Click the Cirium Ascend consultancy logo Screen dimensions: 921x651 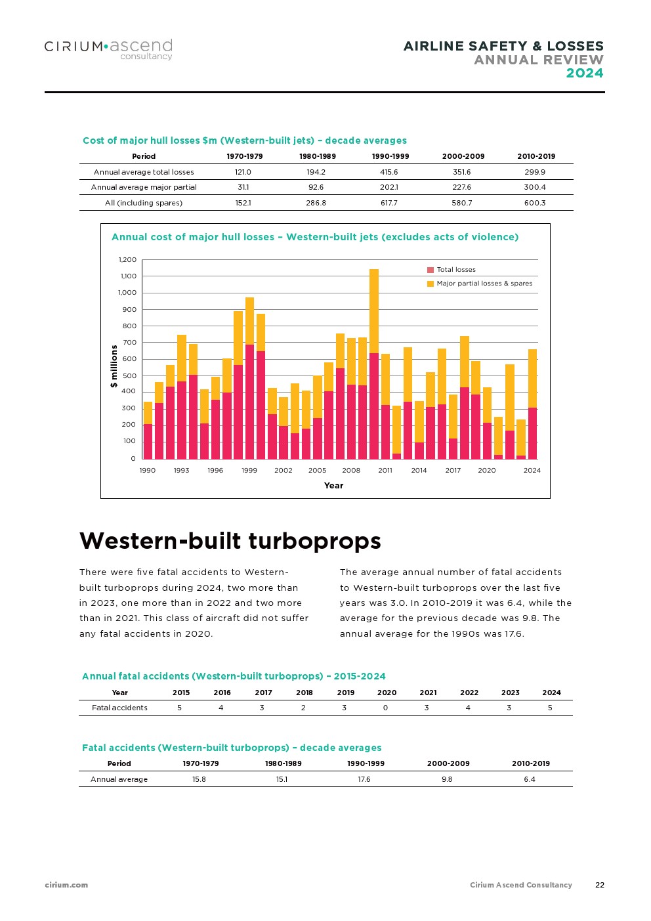tap(108, 49)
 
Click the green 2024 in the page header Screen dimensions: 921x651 tap(584, 73)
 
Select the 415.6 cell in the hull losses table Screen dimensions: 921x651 tap(388, 172)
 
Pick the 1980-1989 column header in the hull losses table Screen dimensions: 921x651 tap(318, 156)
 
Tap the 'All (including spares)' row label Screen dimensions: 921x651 tap(144, 203)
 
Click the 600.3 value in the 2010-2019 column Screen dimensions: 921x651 tap(535, 203)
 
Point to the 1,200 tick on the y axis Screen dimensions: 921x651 tap(127, 260)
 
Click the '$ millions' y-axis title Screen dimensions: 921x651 tap(114, 366)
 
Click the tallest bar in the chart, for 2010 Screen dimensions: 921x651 tap(374, 364)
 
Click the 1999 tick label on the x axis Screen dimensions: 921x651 tap(249, 470)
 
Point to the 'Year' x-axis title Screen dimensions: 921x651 tap(333, 486)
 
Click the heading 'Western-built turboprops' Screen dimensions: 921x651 tap(230, 541)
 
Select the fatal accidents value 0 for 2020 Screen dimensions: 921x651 tap(385, 708)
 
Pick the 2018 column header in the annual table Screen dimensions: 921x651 tap(304, 693)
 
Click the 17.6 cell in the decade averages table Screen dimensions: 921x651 tap(364, 779)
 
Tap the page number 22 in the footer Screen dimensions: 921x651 tap(600, 885)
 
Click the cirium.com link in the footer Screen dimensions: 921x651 tap(66, 885)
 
